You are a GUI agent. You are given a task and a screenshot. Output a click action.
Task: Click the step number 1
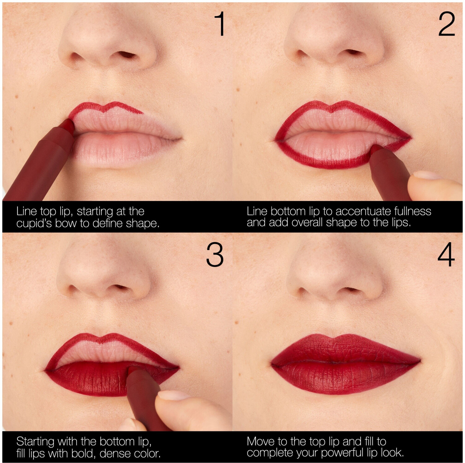(220, 24)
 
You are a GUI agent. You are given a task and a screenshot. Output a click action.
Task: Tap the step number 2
(446, 24)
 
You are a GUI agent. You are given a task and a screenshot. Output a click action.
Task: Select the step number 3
(215, 255)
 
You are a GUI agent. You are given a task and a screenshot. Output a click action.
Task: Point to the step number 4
(446, 255)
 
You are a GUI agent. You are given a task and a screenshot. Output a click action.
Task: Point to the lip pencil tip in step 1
(69, 124)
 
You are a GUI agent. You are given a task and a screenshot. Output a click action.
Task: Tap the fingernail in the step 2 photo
(426, 175)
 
